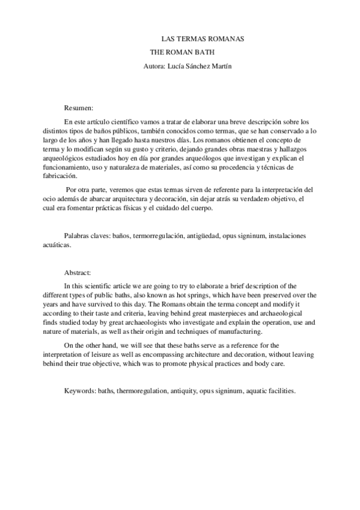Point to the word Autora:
click(156, 66)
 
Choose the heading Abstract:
click(78, 272)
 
